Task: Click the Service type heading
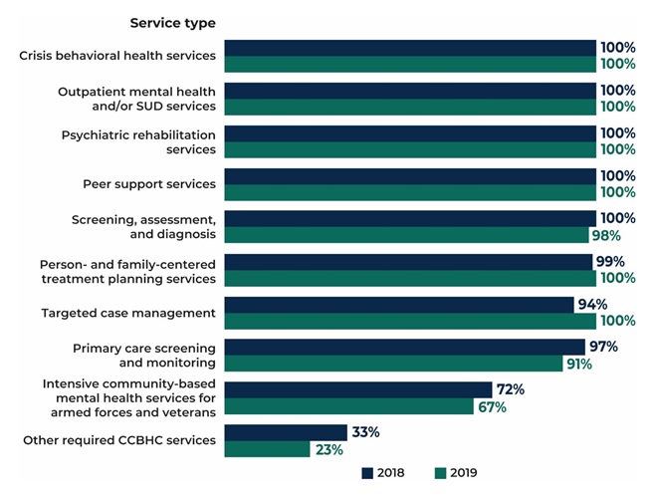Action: pos(172,23)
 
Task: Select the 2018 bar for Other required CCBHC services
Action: pos(285,432)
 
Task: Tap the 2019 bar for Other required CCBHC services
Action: pos(267,449)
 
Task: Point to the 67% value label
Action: pos(491,406)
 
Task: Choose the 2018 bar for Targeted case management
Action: pos(399,304)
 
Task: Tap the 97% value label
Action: pos(602,347)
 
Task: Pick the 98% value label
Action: pos(605,235)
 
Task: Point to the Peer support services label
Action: pos(149,184)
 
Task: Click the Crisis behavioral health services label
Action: pos(117,55)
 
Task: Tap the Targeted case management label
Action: pos(128,313)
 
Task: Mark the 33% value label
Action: pos(364,432)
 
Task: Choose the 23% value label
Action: pos(329,449)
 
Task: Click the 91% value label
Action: pos(577,364)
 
